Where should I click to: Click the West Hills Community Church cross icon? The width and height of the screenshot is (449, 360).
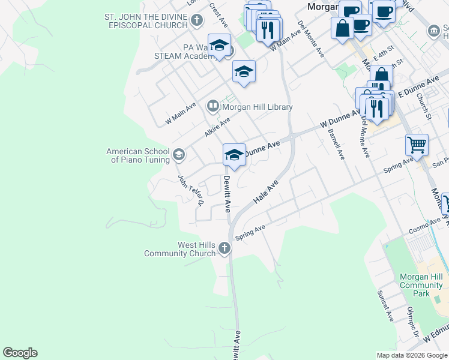(x=224, y=248)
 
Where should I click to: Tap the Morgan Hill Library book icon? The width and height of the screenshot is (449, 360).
(x=212, y=107)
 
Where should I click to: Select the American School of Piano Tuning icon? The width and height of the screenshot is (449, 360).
(x=178, y=155)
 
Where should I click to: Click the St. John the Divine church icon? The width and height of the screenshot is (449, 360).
(x=196, y=21)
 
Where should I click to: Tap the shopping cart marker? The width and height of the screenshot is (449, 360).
(x=417, y=144)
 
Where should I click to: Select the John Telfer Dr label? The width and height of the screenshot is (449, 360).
(x=191, y=190)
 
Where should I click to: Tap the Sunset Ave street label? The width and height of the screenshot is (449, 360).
(x=384, y=307)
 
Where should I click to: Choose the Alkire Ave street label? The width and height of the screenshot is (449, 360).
(x=217, y=127)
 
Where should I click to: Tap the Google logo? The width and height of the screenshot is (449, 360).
(x=20, y=353)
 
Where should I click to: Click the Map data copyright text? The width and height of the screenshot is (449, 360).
(x=412, y=355)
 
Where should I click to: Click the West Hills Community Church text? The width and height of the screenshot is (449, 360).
(x=180, y=249)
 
